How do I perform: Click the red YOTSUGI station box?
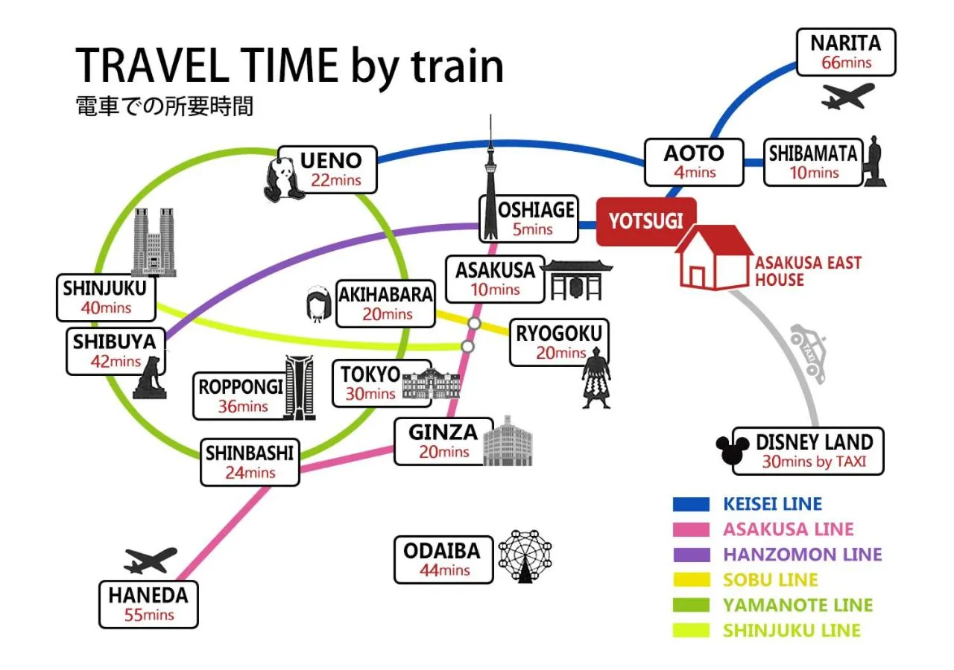[645, 221]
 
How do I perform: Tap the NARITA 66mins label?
[845, 52]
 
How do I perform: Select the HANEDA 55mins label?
[148, 604]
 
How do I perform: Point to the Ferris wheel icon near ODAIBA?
[525, 556]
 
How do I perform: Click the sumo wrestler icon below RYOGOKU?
[596, 382]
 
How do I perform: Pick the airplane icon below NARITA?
[847, 95]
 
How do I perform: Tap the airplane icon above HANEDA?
[151, 560]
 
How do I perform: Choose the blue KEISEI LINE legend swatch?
[690, 504]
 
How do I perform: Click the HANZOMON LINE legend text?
[802, 555]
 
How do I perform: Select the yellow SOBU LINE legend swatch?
[690, 580]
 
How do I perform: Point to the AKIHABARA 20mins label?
[385, 303]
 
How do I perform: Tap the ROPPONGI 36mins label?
[241, 396]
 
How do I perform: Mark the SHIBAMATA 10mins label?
[813, 162]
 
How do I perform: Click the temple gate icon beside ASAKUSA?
[576, 280]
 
